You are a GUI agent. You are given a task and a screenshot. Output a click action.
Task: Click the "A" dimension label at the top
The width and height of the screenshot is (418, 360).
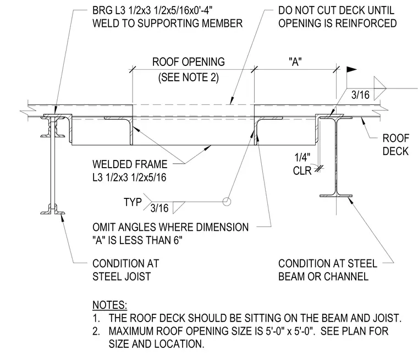[x=295, y=62]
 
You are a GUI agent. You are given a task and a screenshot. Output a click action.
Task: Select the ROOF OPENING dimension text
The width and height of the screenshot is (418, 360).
[x=189, y=62]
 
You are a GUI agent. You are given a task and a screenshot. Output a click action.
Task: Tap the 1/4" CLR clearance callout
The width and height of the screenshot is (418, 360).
[x=302, y=164]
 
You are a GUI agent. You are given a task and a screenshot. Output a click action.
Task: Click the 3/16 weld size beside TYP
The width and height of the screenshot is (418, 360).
[x=159, y=208]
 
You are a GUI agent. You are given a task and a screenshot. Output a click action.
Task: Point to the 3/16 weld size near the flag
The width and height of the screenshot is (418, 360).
[x=360, y=95]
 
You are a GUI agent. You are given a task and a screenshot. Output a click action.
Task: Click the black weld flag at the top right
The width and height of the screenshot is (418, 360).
[x=351, y=70]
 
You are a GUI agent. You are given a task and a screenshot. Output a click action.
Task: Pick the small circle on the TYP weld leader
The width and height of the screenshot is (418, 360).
[x=227, y=202]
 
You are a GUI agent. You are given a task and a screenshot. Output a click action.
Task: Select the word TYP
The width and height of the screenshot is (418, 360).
[x=133, y=202]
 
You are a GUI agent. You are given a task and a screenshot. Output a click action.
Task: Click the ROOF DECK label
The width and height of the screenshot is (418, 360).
[x=395, y=145]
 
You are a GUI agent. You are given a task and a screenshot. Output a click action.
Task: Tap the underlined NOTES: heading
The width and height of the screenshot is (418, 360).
[x=110, y=305]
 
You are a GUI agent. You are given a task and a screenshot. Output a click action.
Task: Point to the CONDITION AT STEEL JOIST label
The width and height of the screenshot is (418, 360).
[x=125, y=270]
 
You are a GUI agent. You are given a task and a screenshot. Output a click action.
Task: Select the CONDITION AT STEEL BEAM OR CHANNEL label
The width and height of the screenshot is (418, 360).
[x=328, y=270]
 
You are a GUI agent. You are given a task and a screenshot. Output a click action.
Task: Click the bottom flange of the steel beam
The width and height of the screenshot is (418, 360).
[x=336, y=196]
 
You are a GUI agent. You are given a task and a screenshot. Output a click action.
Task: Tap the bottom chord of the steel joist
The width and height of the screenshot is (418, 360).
[x=52, y=212]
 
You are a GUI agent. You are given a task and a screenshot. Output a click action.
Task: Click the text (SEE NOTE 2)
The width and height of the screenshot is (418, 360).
[x=189, y=77]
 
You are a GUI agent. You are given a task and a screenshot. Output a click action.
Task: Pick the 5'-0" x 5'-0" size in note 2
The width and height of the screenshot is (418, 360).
[x=289, y=331]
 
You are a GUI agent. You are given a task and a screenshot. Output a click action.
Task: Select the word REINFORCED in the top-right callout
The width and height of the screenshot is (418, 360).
[x=366, y=23]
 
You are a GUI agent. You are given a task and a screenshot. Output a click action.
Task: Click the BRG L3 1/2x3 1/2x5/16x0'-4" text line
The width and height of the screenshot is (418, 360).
[x=152, y=10]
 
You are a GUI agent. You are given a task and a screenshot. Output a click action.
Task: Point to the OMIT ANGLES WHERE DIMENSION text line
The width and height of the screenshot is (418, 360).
[x=170, y=228]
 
